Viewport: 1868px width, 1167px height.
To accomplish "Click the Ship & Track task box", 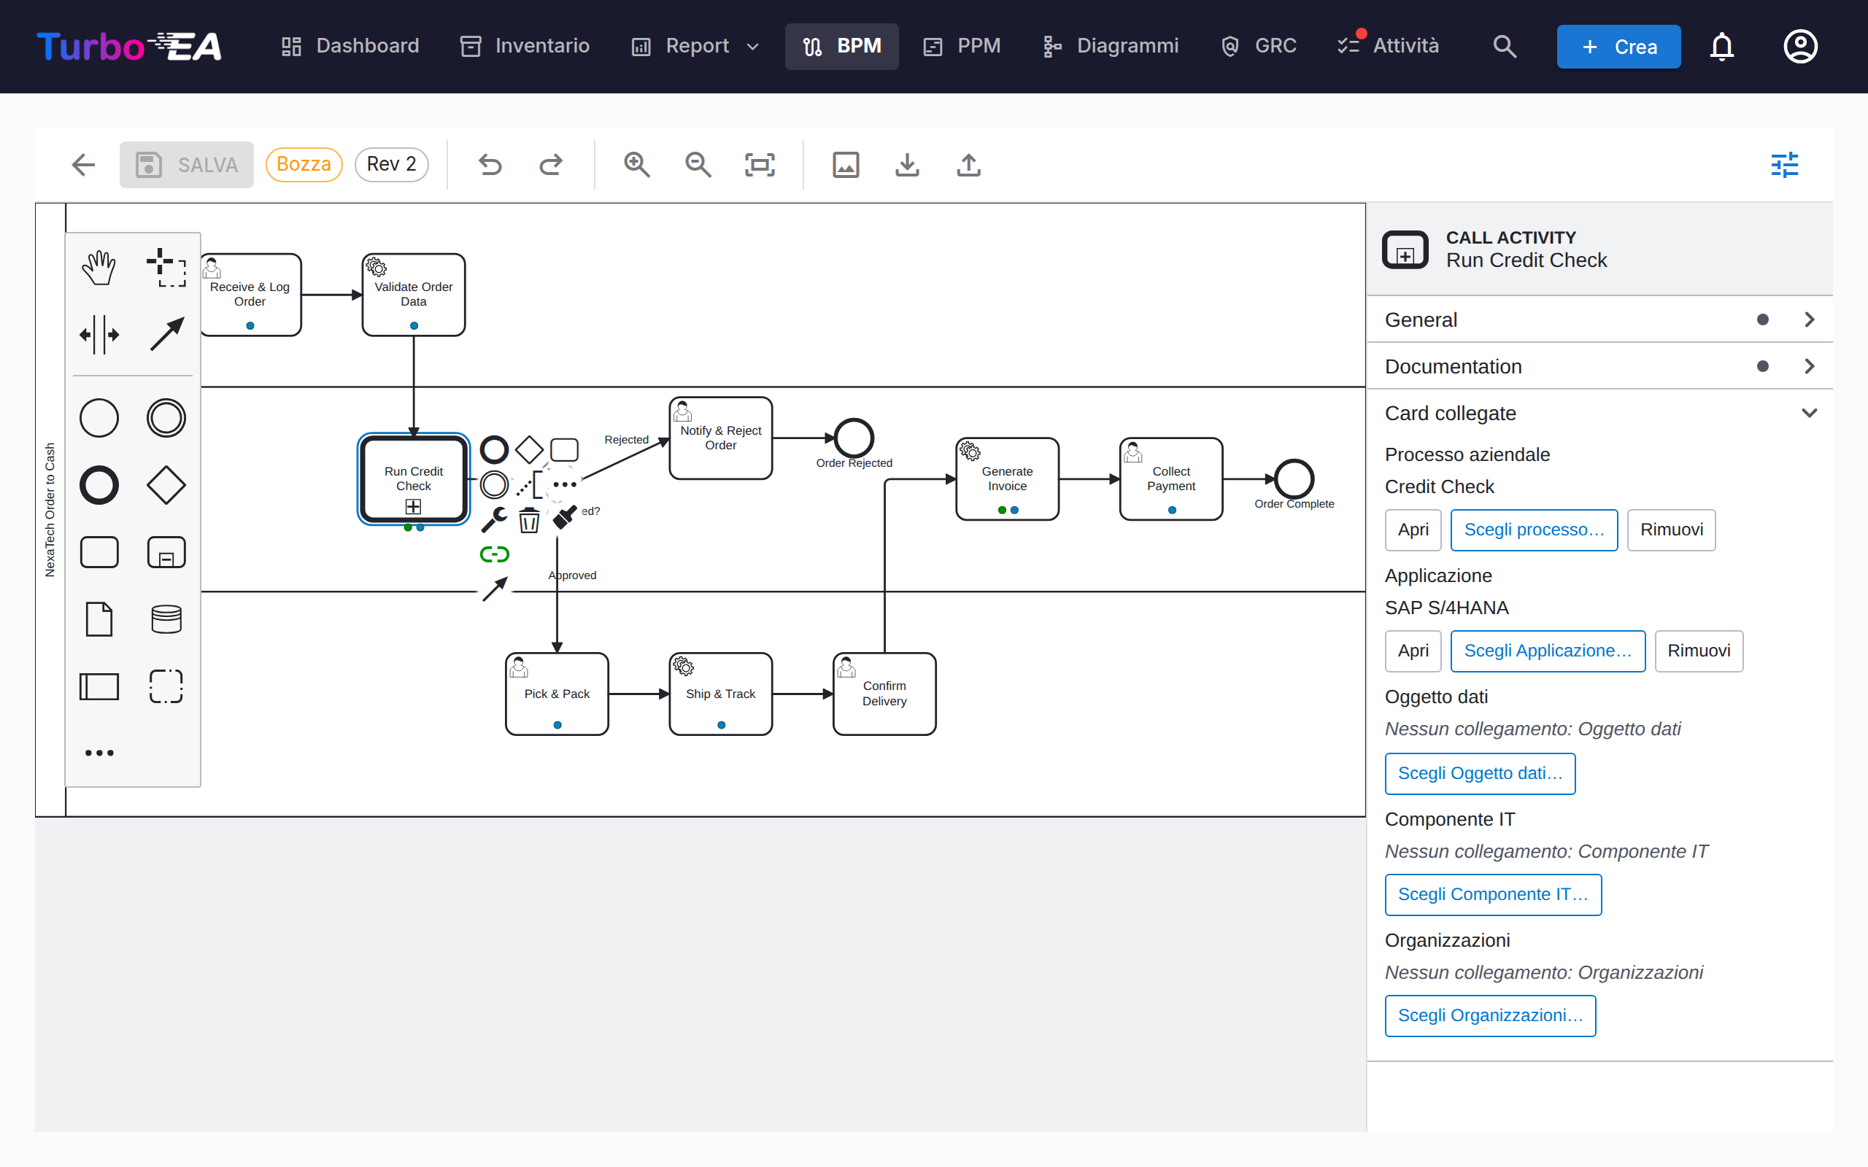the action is click(720, 693).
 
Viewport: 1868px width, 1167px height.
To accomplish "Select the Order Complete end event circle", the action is click(1294, 479).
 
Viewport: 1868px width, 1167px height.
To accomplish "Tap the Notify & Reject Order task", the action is click(720, 438).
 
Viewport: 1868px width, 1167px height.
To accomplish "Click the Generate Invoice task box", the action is click(1006, 478).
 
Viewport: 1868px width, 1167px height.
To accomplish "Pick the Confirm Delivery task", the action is click(884, 693).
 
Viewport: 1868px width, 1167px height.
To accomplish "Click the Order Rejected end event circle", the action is click(854, 438).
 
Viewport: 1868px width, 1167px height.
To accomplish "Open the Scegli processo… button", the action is click(1534, 530).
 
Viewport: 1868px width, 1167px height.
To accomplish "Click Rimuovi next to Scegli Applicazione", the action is click(1698, 651).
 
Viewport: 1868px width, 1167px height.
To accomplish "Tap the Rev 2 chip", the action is click(391, 164).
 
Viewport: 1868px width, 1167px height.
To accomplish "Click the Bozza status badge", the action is click(304, 164).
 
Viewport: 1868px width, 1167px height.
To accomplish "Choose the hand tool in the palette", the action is click(99, 268).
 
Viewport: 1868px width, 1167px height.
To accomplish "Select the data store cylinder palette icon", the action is click(166, 619).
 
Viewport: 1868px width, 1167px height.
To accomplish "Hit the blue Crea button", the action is click(1618, 46).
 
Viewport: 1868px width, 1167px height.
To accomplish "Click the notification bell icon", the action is click(1721, 46).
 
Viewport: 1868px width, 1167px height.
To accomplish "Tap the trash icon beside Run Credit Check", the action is click(529, 520).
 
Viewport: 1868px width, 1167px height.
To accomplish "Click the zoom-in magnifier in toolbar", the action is click(637, 164).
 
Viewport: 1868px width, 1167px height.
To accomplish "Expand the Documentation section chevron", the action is click(1810, 366).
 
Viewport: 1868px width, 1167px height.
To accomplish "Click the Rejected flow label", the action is click(626, 439).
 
